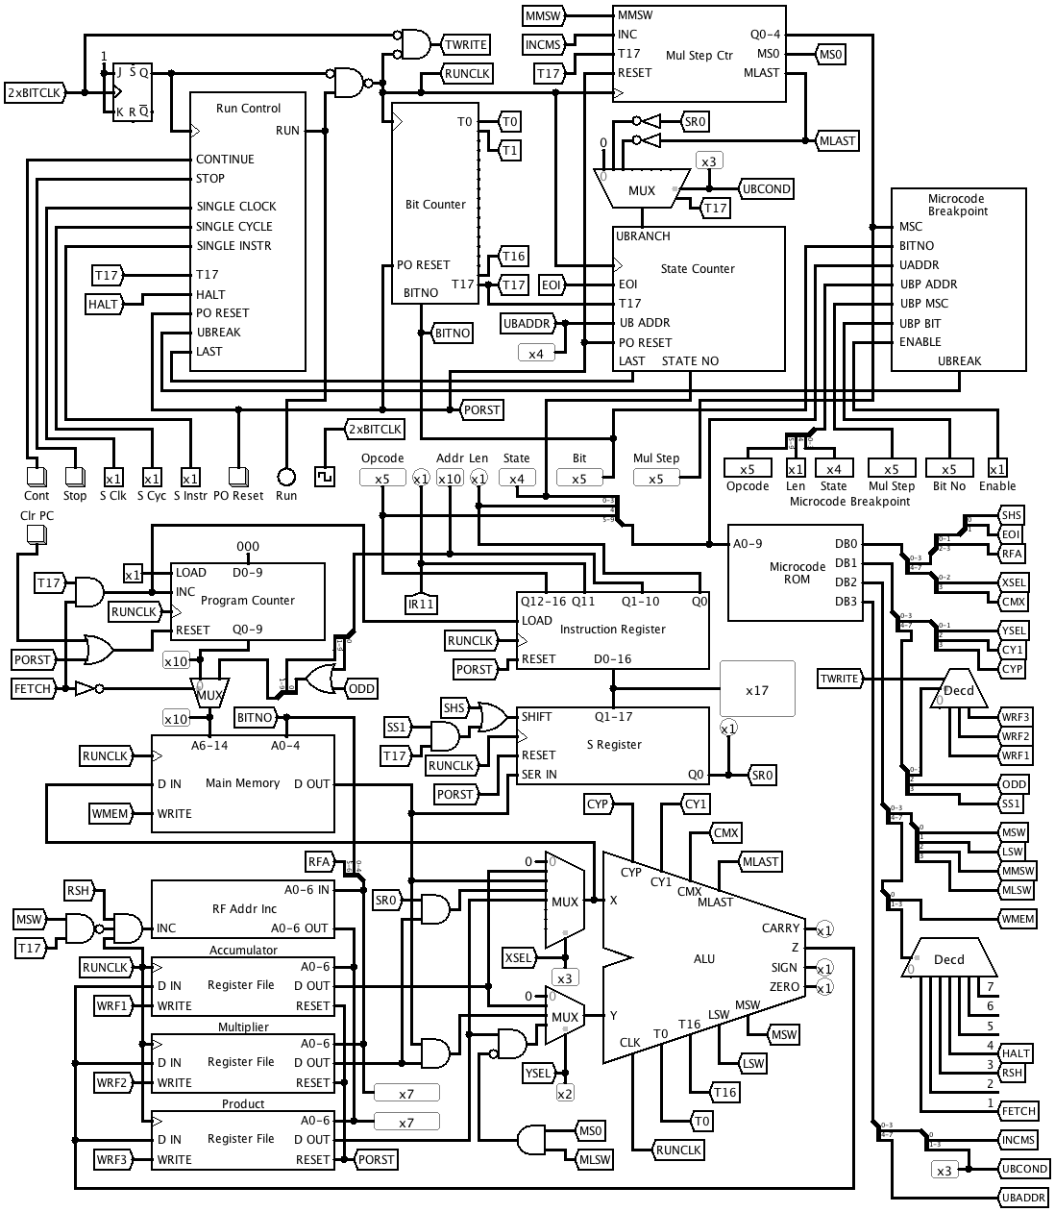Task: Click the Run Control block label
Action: [248, 109]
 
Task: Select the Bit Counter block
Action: [435, 204]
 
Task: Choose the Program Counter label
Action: [248, 601]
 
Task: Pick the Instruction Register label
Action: [612, 630]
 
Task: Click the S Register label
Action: [614, 745]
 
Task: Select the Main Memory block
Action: [242, 783]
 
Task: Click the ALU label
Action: [704, 958]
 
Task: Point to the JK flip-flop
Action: [133, 91]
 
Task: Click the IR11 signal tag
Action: [421, 604]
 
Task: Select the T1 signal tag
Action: [509, 150]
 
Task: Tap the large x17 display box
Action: [757, 689]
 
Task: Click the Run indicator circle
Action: [285, 476]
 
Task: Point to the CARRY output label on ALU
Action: [780, 928]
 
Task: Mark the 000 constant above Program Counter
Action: [248, 547]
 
